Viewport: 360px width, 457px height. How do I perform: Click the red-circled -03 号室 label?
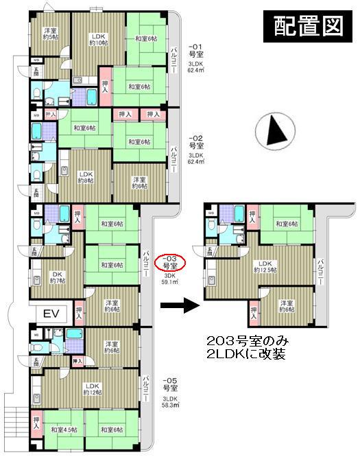pos(168,261)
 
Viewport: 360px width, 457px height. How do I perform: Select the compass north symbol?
pos(272,130)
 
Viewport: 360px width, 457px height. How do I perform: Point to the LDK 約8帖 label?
pos(87,179)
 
